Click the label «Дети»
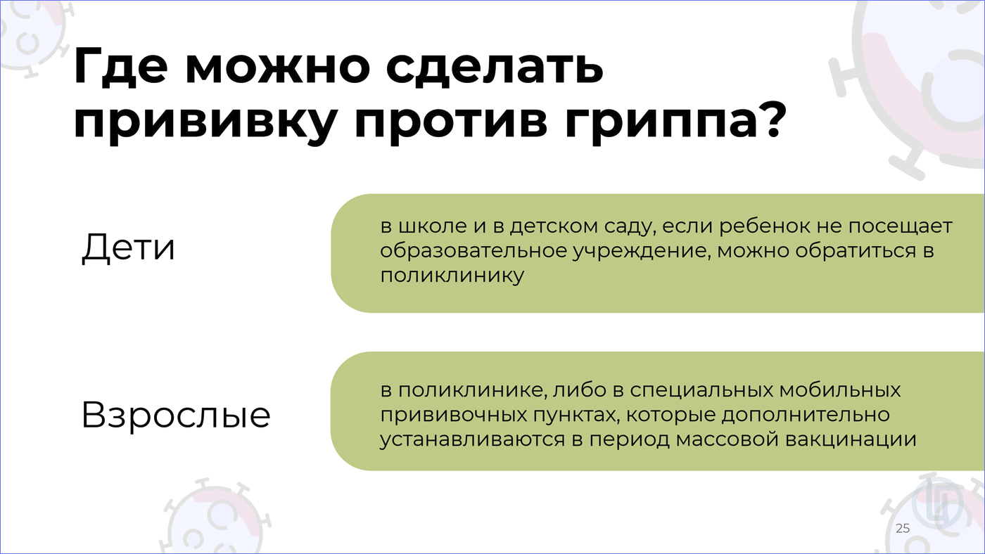pyautogui.click(x=128, y=248)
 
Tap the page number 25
pyautogui.click(x=903, y=528)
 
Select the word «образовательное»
pyautogui.click(x=473, y=252)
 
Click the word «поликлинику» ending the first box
pyautogui.click(x=452, y=276)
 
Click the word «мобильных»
pyautogui.click(x=840, y=390)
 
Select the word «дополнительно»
pyautogui.click(x=806, y=416)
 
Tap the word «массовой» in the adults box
pyautogui.click(x=727, y=440)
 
